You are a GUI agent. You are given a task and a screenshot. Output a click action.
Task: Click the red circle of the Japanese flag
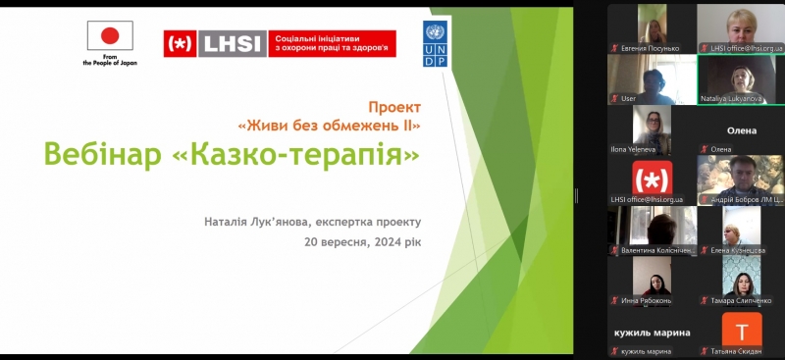(110, 36)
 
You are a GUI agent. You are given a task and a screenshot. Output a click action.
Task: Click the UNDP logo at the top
(436, 44)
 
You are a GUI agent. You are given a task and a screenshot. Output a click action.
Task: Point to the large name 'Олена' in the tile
(741, 130)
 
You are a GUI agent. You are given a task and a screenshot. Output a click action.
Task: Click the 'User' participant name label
(629, 99)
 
